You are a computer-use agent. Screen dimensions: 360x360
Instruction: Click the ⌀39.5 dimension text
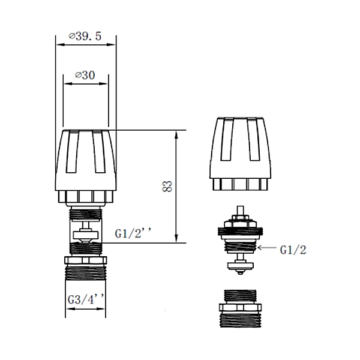coord(85,36)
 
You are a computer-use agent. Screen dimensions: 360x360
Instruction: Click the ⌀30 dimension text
coord(85,75)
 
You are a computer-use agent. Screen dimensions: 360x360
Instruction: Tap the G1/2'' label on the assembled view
coord(132,232)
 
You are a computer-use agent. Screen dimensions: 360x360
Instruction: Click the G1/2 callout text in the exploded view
coord(293,249)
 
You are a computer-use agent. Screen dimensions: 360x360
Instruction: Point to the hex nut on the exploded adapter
coord(241,308)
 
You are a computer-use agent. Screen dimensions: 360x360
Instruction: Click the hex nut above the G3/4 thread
coord(86,261)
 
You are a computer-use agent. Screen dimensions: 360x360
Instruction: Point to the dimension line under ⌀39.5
coord(85,45)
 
